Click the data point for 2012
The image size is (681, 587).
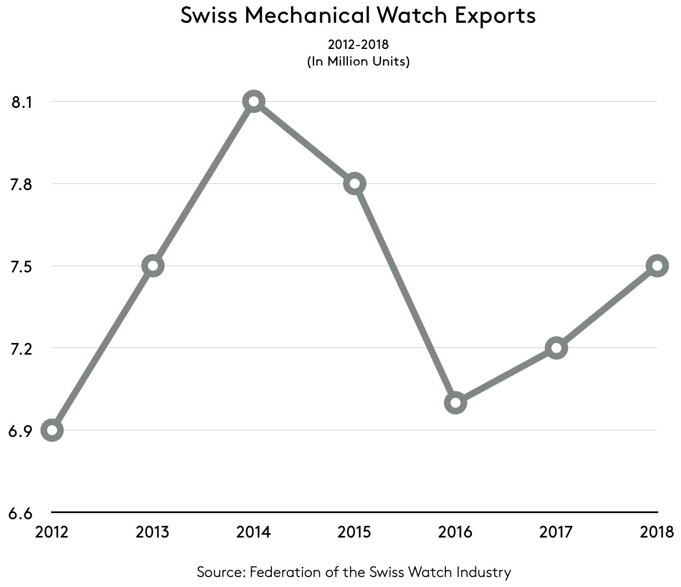[x=52, y=430]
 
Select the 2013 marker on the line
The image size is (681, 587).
[x=153, y=266]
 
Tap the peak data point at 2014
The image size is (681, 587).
[x=253, y=102]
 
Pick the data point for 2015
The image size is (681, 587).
[x=354, y=183]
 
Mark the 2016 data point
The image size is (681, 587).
[x=455, y=402]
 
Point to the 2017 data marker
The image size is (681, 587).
[x=556, y=348]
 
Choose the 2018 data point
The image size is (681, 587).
[x=657, y=266]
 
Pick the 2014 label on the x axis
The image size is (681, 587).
[x=253, y=532]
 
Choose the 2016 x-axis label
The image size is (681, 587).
[x=455, y=532]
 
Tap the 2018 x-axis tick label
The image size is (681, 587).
[x=657, y=532]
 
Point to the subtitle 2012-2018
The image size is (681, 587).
[x=358, y=44]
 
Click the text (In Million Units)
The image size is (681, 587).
[x=358, y=61]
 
